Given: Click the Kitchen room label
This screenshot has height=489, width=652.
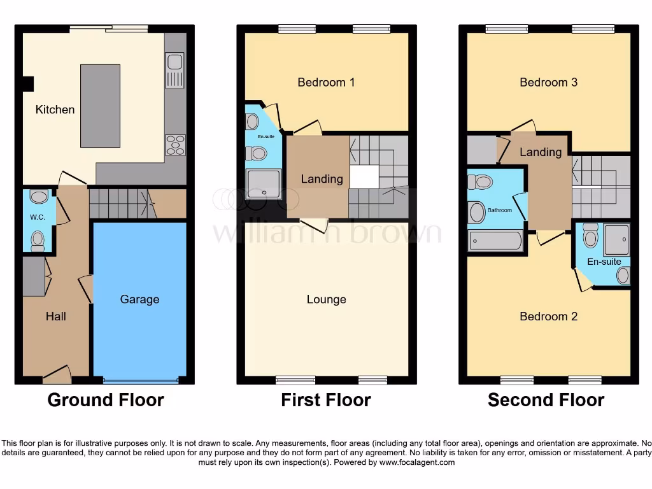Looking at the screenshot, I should click(x=55, y=110).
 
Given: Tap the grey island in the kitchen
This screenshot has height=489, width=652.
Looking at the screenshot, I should click(x=100, y=105).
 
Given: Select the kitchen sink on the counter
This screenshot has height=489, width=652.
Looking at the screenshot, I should click(x=174, y=70).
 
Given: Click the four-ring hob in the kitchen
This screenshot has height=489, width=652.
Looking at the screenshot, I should click(x=175, y=145).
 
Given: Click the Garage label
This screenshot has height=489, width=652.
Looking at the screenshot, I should click(x=139, y=299).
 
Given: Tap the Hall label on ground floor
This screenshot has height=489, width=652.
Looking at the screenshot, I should click(x=55, y=316).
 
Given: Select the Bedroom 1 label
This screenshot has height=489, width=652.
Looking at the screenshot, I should click(x=326, y=82).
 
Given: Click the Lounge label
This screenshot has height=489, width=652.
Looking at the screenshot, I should click(x=326, y=299).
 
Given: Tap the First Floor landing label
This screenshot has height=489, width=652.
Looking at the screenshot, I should click(x=322, y=179).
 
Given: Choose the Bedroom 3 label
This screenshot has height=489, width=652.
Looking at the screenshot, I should click(x=548, y=82).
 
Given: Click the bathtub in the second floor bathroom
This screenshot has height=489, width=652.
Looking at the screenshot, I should click(x=495, y=241).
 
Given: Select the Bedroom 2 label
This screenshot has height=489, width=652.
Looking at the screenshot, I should click(x=548, y=316).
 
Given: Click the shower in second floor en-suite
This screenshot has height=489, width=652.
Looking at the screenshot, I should click(x=616, y=239).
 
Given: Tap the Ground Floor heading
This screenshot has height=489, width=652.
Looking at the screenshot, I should click(x=106, y=400).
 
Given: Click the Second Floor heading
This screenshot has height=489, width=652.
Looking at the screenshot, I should click(x=546, y=400).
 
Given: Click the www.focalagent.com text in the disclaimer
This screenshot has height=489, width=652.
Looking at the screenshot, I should click(x=417, y=462).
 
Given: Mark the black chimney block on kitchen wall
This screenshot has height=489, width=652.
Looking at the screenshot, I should click(x=28, y=84).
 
